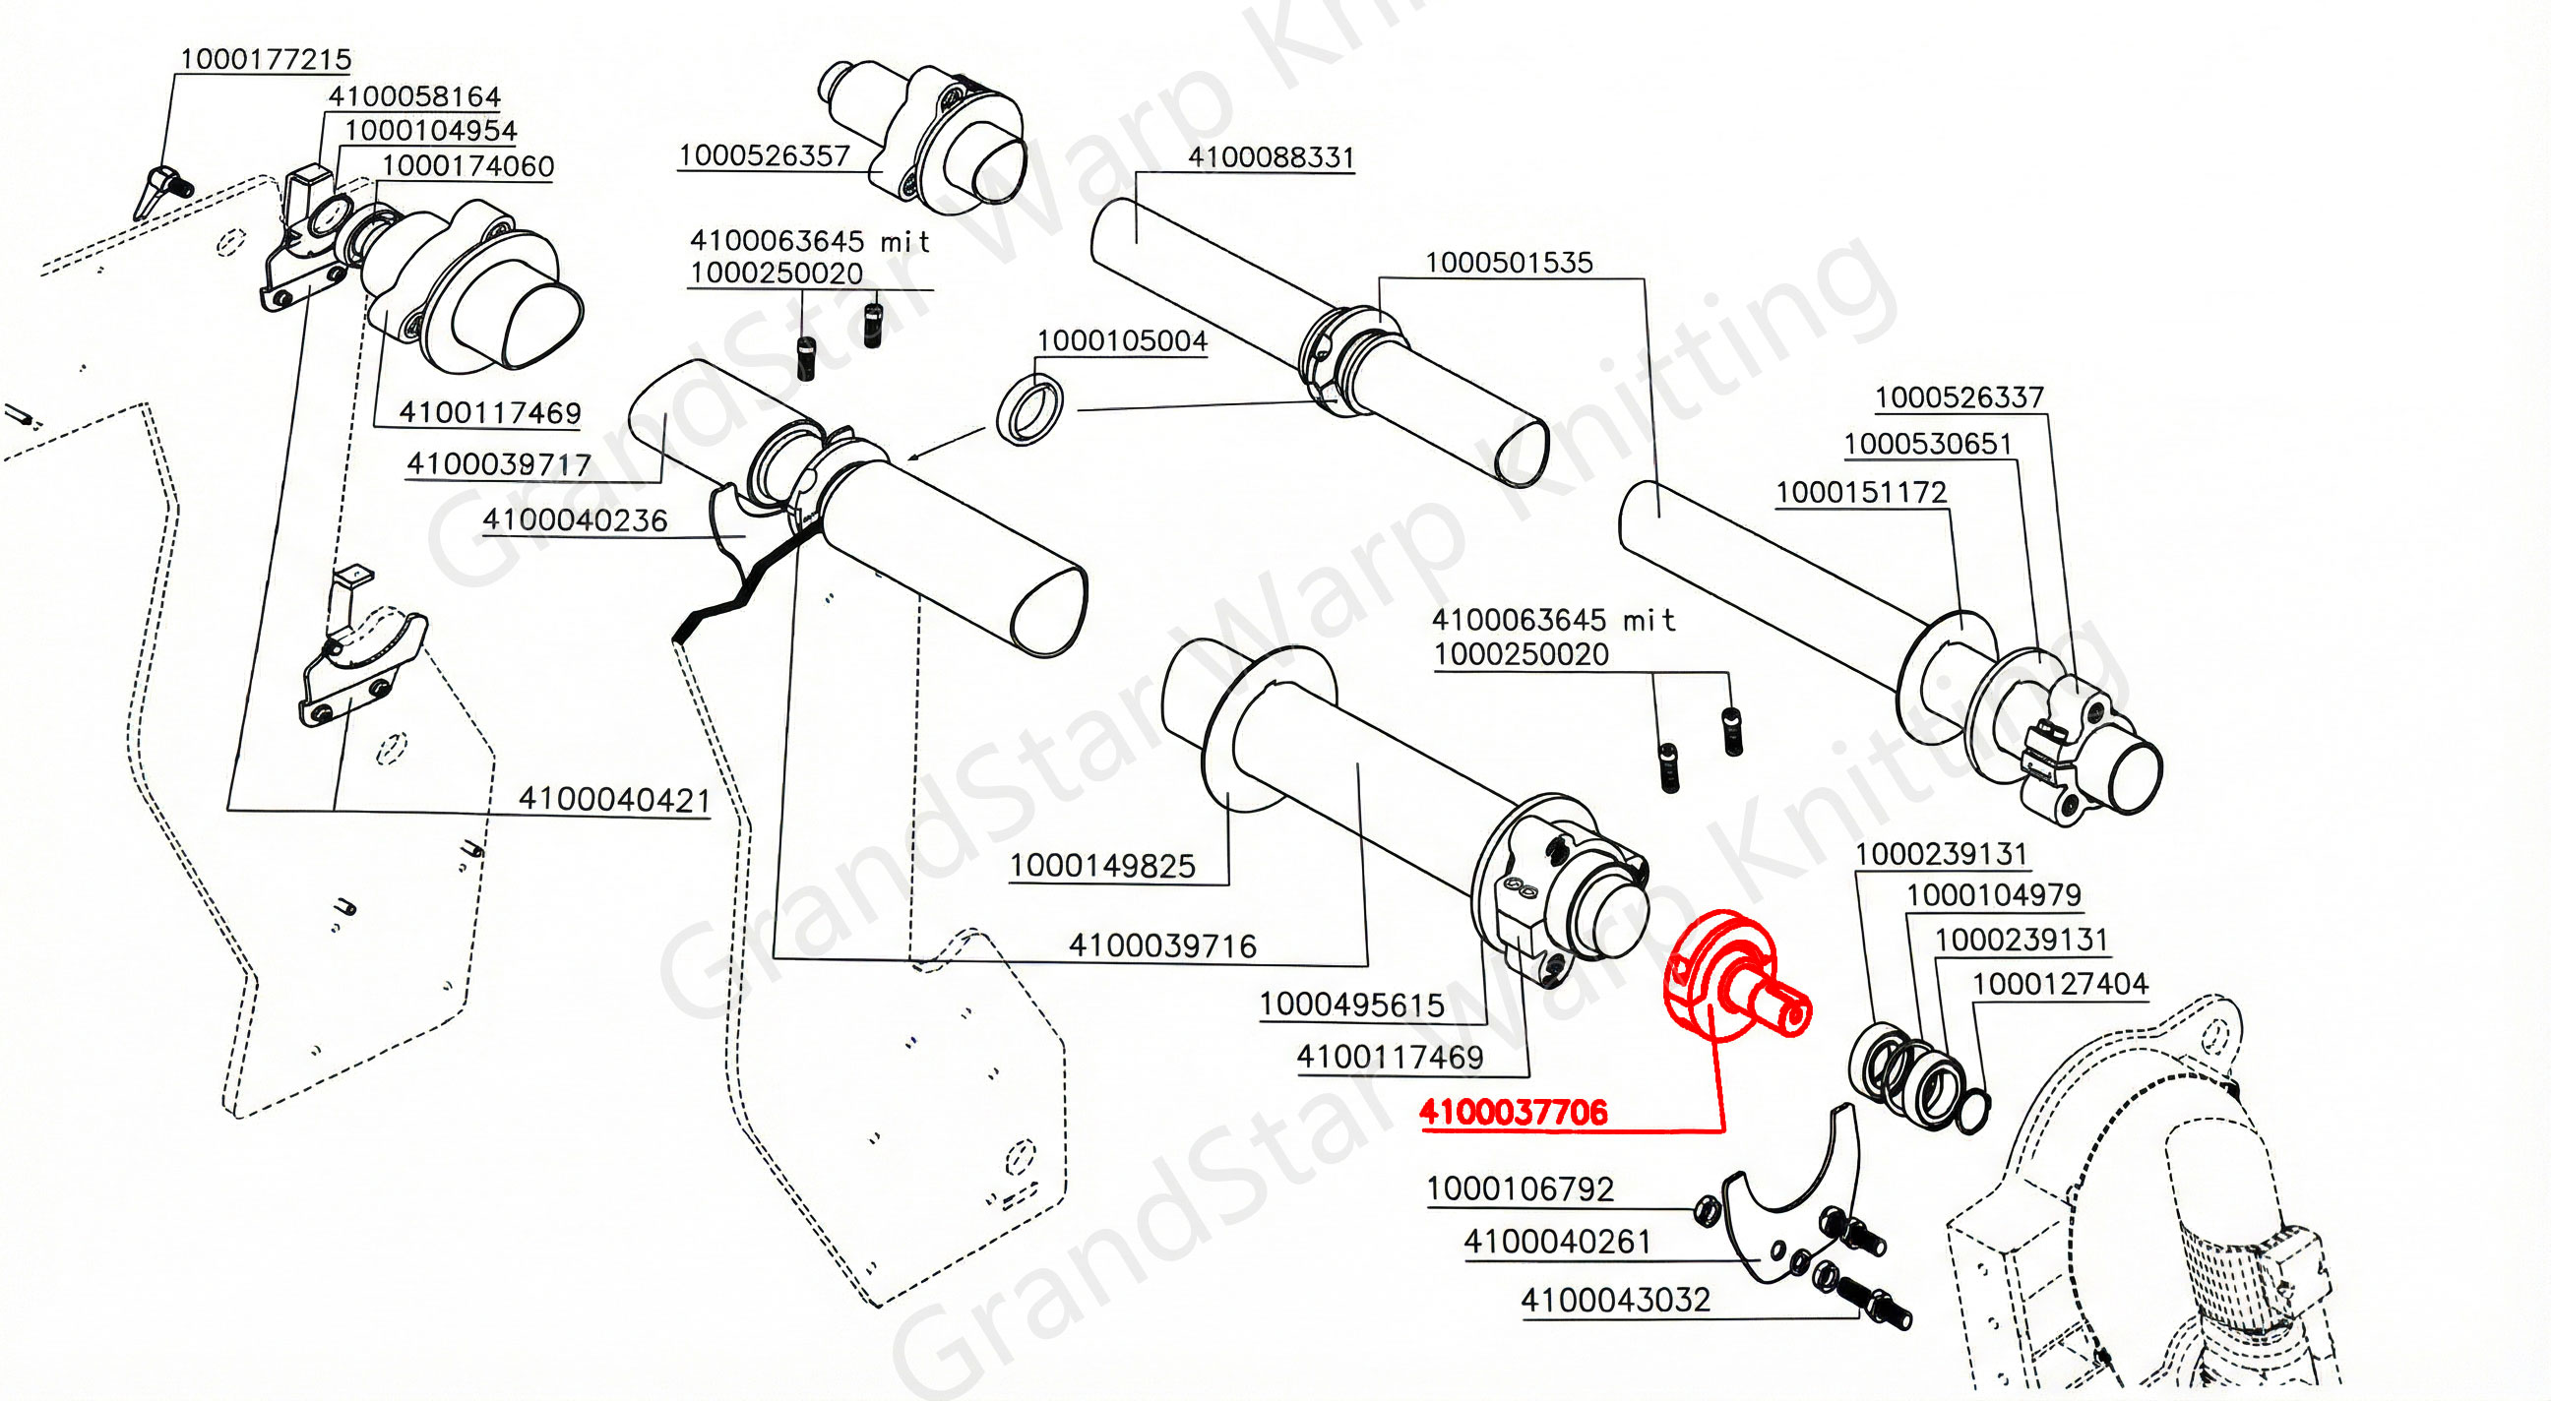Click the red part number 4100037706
pos(1512,1113)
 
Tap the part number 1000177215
pos(266,59)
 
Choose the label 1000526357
pos(764,155)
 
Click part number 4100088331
pos(1271,157)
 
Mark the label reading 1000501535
pos(1508,263)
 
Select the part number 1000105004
pos(1121,340)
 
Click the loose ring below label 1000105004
pos(1029,410)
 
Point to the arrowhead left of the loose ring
pos(916,457)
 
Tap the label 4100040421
pos(614,799)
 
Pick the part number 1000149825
pos(1102,867)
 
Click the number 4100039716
pos(1161,945)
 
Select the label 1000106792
pos(1520,1188)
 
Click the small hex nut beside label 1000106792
pos(1706,1210)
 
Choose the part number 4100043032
pos(1615,1300)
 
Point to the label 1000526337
pos(1959,397)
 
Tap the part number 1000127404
pos(2060,984)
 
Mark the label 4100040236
pos(575,519)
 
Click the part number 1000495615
pos(1350,1005)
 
